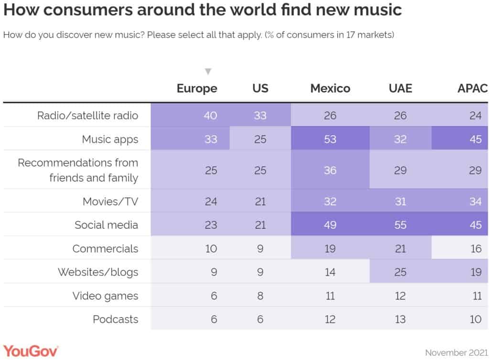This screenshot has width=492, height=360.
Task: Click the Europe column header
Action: pos(197,88)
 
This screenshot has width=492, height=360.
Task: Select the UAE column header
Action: pos(400,88)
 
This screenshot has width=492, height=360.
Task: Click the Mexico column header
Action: pos(330,88)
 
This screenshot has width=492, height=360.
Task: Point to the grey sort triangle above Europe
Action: pos(208,72)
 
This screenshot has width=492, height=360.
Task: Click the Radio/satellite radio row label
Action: pos(87,116)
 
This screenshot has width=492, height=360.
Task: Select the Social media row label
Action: pos(106,225)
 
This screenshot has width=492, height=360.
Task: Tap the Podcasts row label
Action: pos(115,319)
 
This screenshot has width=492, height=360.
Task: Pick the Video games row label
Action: pos(105,296)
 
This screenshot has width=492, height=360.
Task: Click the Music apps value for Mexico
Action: pos(330,139)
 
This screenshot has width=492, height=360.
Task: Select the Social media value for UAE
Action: pos(400,225)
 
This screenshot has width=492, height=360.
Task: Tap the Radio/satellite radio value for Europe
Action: pos(211,116)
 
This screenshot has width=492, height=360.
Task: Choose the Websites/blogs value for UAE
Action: pos(400,272)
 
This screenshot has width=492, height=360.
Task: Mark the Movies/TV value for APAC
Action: pos(475,201)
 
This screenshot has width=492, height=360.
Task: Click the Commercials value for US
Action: pos(260,249)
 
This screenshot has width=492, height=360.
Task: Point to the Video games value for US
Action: pos(260,296)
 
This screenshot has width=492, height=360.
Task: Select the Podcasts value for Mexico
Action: pos(330,319)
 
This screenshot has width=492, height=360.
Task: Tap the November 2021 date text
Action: pos(456,353)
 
